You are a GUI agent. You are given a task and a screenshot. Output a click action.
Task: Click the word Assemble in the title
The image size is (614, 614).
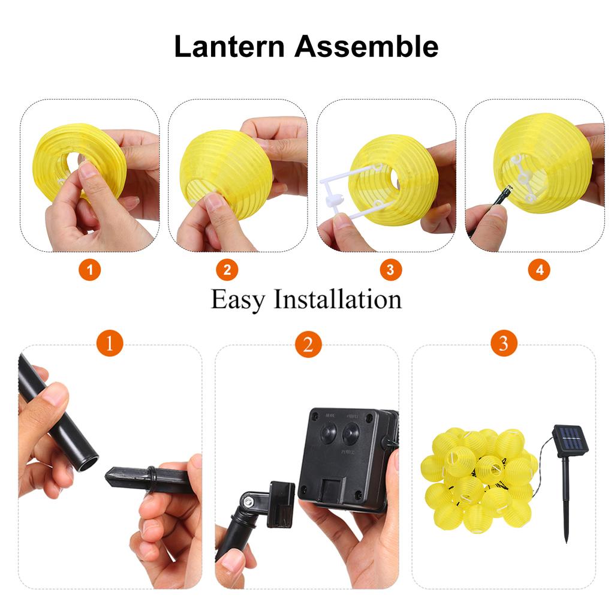tap(366, 47)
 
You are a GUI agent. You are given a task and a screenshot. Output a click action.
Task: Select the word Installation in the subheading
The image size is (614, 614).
tap(338, 299)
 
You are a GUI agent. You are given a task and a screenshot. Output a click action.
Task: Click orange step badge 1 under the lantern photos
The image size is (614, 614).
tap(90, 270)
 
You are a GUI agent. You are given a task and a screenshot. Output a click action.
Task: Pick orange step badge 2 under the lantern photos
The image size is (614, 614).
tap(227, 270)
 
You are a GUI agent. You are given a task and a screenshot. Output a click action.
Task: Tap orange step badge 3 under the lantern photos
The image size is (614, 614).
tap(390, 270)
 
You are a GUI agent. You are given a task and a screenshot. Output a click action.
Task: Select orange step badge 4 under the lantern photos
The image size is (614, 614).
tap(539, 270)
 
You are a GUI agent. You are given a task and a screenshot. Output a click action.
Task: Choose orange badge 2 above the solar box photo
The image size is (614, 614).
tap(308, 344)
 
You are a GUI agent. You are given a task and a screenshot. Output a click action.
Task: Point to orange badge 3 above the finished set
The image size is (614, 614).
tap(504, 344)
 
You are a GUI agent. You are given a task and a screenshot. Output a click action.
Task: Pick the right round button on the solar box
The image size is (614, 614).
tap(351, 433)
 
